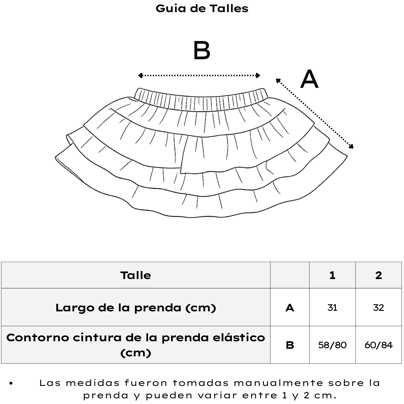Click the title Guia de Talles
202,8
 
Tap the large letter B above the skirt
202,51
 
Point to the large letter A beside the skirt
309,79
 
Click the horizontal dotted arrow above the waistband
199,75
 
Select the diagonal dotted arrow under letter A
315,113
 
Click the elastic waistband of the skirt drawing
201,100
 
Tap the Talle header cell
136,275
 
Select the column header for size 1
332,275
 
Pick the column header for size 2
379,275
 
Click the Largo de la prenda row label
136,308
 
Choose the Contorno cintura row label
136,345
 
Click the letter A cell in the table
290,308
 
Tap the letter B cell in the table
290,345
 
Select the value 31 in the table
332,308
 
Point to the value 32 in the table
379,308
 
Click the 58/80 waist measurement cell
332,345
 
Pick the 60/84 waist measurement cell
379,345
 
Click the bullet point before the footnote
11,383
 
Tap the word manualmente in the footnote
278,383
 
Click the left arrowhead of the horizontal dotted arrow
140,75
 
